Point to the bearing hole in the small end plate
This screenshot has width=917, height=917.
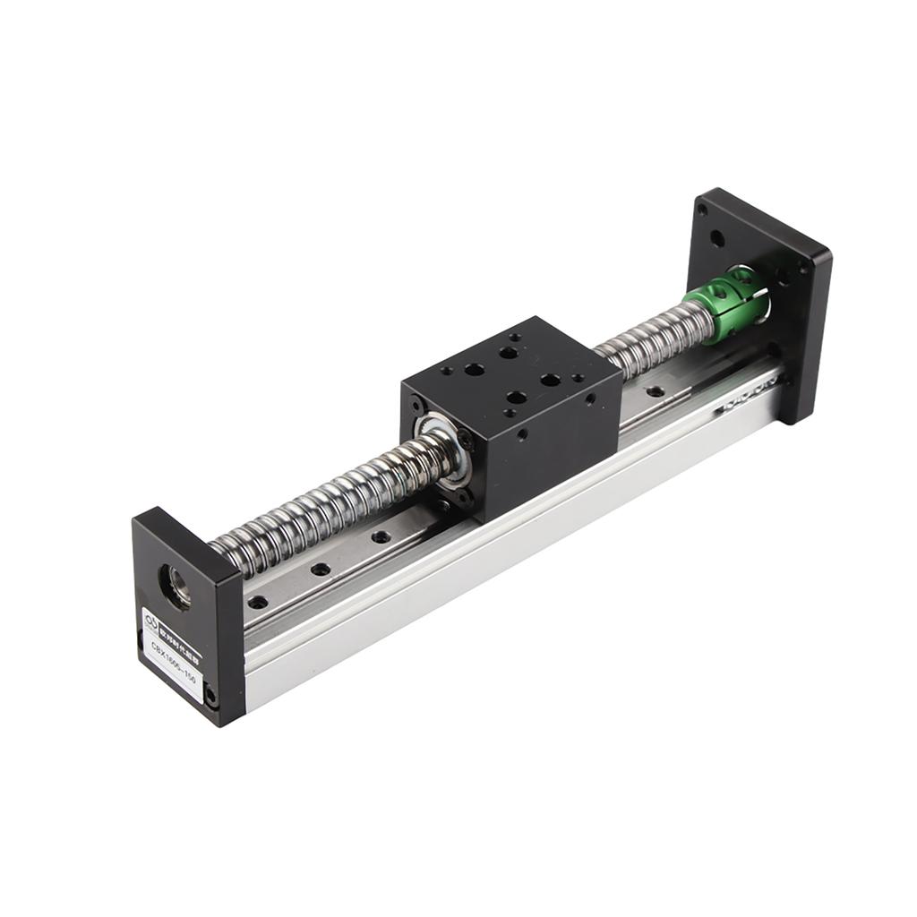174,587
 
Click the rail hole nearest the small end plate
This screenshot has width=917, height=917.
257,602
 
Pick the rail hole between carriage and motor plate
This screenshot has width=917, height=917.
656,391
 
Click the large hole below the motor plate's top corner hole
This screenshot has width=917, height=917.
717,239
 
